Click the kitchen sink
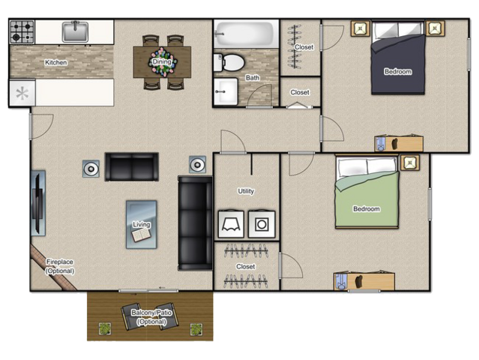pyautogui.click(x=75, y=31)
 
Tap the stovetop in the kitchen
pyautogui.click(x=22, y=31)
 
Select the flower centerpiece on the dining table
pyautogui.click(x=162, y=62)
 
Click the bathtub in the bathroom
pyautogui.click(x=246, y=34)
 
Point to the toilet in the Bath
pyautogui.click(x=229, y=63)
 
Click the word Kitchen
pyautogui.click(x=56, y=62)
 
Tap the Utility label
pyautogui.click(x=246, y=191)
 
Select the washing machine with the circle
pyautogui.click(x=262, y=224)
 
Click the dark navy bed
pyautogui.click(x=398, y=58)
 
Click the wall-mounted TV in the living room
pyautogui.click(x=38, y=203)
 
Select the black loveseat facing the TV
pyautogui.click(x=132, y=166)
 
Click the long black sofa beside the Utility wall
pyautogui.click(x=195, y=223)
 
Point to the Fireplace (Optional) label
pyautogui.click(x=60, y=266)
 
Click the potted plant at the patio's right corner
pyautogui.click(x=196, y=329)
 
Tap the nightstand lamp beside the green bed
pyautogui.click(x=410, y=162)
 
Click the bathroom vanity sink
pyautogui.click(x=226, y=91)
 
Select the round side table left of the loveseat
pyautogui.click(x=91, y=169)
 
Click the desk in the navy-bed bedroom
pyautogui.click(x=399, y=144)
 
